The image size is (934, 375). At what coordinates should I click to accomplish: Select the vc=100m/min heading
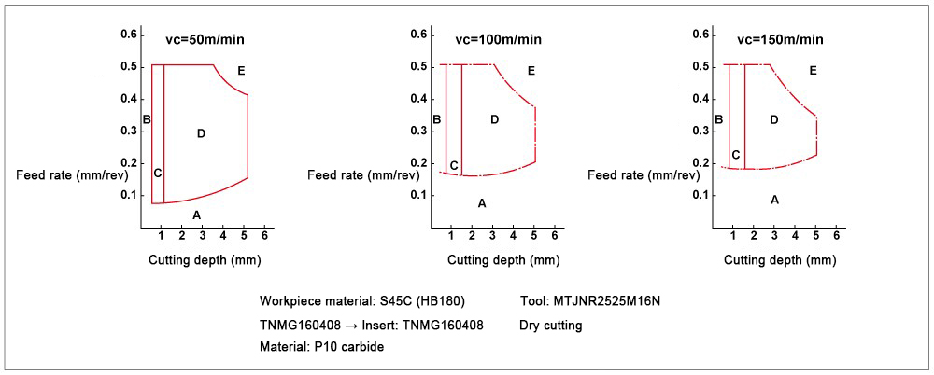498,39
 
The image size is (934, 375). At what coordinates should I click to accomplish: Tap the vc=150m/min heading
780,39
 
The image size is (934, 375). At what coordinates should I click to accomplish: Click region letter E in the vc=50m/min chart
241,71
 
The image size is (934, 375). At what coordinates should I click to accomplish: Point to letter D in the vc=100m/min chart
495,119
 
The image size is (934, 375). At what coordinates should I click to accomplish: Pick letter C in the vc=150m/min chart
736,155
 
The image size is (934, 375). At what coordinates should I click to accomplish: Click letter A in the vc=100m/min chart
482,203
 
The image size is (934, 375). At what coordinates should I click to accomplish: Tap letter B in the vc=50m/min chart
147,119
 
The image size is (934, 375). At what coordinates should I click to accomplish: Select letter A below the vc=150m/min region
774,200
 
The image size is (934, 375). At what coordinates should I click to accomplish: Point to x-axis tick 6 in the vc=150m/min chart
836,235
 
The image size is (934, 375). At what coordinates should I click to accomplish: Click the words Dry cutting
550,326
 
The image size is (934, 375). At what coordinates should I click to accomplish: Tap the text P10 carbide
350,348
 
